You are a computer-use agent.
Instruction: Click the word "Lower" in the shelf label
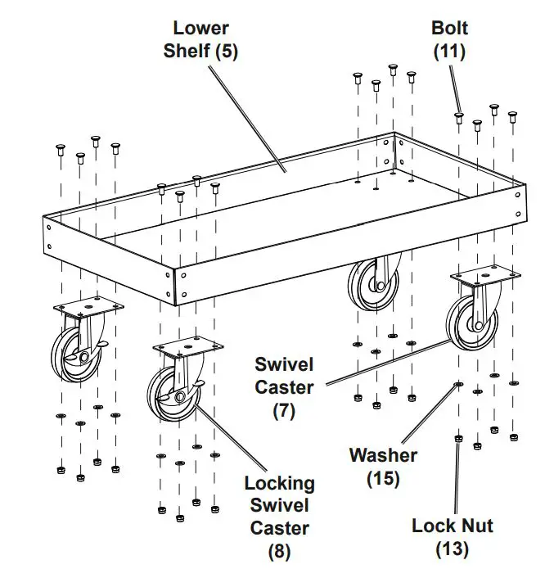[200, 29]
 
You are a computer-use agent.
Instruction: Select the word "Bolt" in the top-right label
[449, 29]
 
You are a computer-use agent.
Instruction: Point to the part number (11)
[449, 51]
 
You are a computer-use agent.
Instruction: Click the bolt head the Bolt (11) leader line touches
[459, 117]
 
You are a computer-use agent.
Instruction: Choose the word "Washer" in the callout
[383, 455]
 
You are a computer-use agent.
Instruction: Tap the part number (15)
[383, 478]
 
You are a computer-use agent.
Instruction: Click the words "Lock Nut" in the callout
[453, 526]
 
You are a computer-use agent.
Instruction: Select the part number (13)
[453, 548]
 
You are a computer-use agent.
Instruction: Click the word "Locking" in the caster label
[279, 483]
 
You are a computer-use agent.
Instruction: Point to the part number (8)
[279, 551]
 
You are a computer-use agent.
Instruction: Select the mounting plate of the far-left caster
[88, 308]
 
